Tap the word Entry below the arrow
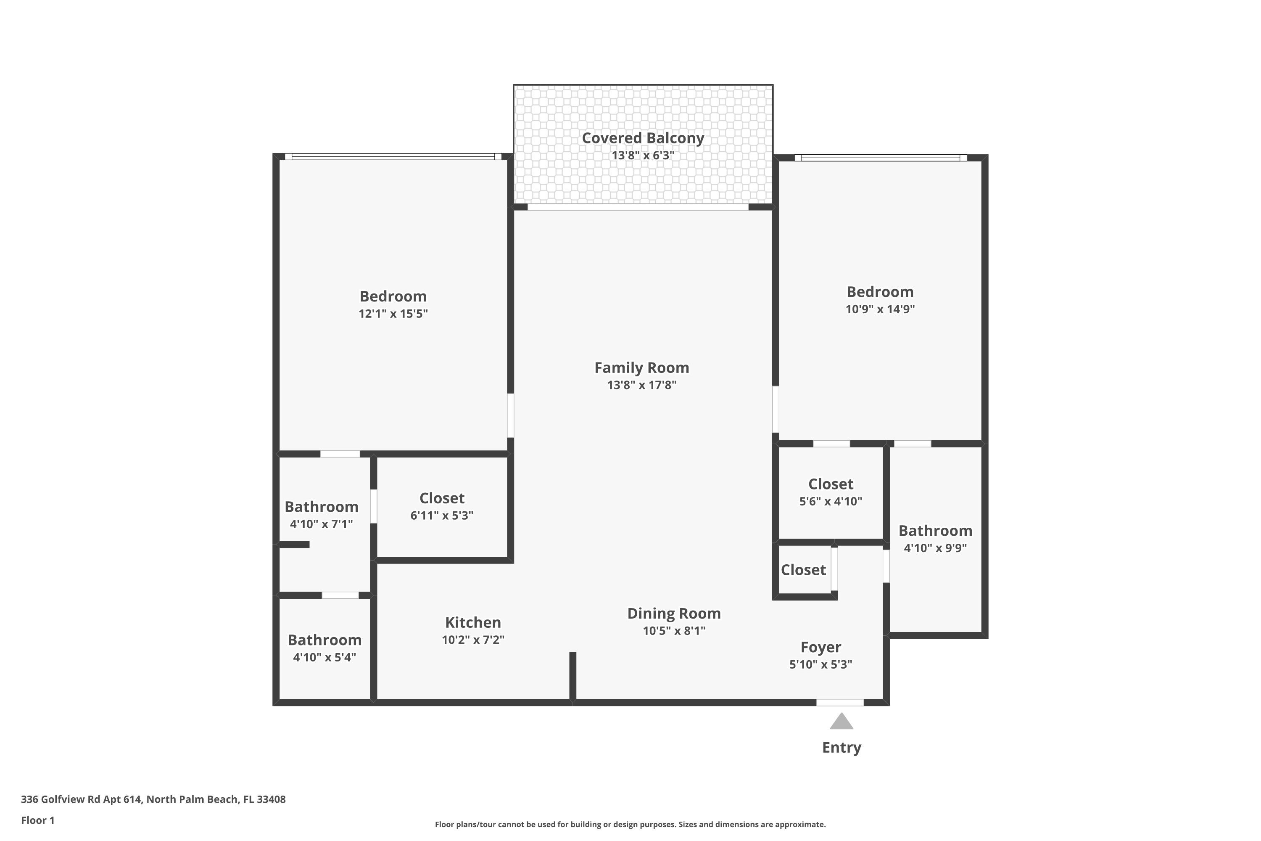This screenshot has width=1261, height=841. point(842,748)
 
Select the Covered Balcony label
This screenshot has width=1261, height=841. point(643,138)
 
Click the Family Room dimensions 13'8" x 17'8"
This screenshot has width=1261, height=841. point(642,385)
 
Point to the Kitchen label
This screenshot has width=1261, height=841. point(473,623)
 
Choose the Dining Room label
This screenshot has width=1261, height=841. point(674,614)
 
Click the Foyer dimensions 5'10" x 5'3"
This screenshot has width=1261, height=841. point(820,664)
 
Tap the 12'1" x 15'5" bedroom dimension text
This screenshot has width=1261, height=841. point(393,314)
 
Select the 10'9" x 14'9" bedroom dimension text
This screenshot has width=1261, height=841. point(880,309)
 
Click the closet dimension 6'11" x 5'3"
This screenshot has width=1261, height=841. point(442,516)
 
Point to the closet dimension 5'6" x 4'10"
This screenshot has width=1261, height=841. point(831,502)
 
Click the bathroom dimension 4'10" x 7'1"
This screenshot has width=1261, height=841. point(321,524)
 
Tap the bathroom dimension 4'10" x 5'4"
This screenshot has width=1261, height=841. point(324,658)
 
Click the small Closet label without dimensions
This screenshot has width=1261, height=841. point(803,570)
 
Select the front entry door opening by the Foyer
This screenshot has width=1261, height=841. point(840,703)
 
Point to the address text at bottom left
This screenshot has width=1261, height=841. point(153,799)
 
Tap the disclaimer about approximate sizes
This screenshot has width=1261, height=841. point(630,824)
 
